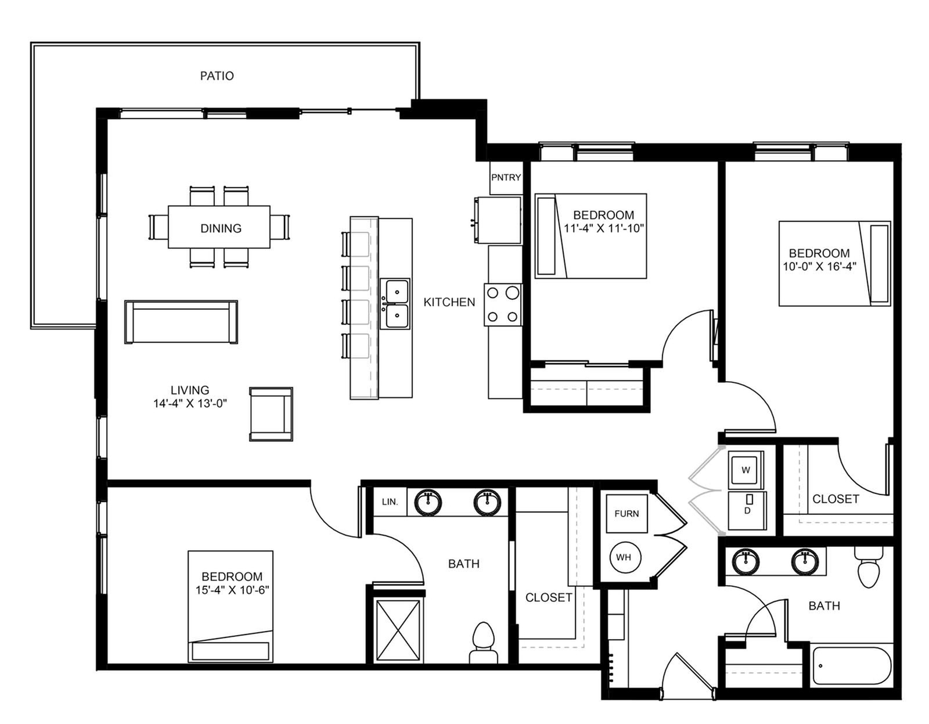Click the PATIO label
pyautogui.click(x=217, y=76)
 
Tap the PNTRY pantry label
pyautogui.click(x=506, y=177)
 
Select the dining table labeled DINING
pyautogui.click(x=219, y=227)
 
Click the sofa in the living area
pyautogui.click(x=181, y=321)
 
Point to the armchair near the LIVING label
pyautogui.click(x=271, y=414)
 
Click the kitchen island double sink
pyautogui.click(x=395, y=304)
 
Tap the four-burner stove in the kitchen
pyautogui.click(x=503, y=305)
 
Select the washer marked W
pyautogui.click(x=746, y=470)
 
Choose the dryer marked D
pyautogui.click(x=747, y=510)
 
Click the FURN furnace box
pyautogui.click(x=626, y=513)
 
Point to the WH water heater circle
pyautogui.click(x=625, y=557)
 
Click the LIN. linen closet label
pyautogui.click(x=390, y=501)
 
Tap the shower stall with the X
pyautogui.click(x=398, y=630)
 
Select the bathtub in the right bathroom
pyautogui.click(x=852, y=666)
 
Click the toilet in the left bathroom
pyautogui.click(x=484, y=642)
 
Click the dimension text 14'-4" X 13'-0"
pyautogui.click(x=190, y=403)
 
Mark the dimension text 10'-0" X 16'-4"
pyautogui.click(x=820, y=266)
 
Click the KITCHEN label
pyautogui.click(x=449, y=302)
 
